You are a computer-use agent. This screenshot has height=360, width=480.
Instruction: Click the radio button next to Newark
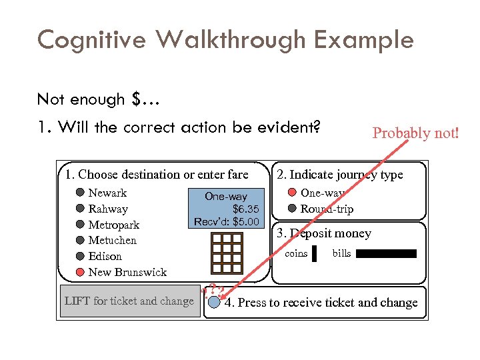[80, 193]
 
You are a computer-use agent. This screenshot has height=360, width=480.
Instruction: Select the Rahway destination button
[80, 209]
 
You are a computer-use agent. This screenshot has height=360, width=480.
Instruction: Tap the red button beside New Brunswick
[80, 272]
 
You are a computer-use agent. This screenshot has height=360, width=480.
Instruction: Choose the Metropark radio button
[80, 225]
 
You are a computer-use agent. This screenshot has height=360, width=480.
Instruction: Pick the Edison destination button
[80, 256]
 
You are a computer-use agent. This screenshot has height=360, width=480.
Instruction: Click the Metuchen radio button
[80, 240]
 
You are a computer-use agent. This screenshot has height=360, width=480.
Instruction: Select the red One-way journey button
[292, 193]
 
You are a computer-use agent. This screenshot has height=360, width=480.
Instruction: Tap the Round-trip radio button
[292, 209]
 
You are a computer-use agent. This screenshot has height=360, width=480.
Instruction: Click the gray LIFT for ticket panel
[129, 301]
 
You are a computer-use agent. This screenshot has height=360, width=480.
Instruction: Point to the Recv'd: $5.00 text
[226, 221]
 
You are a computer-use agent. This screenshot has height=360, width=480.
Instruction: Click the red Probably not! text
[415, 133]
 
